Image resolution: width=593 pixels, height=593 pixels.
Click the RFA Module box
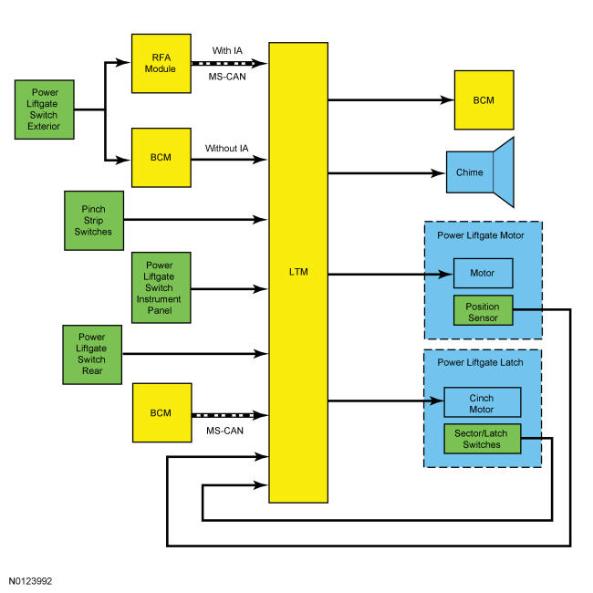coord(161,64)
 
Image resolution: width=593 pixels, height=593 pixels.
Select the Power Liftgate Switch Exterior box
coord(45,109)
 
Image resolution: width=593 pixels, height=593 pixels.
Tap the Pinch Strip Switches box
coord(94,221)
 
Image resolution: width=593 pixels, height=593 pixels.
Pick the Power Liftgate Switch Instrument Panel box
coord(161,287)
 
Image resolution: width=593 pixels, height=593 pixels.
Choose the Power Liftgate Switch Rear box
coord(92,355)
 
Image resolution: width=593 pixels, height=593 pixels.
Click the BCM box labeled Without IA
coord(161,158)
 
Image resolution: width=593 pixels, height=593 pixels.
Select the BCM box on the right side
coord(484,100)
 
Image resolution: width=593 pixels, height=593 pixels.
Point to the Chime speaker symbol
coord(480,172)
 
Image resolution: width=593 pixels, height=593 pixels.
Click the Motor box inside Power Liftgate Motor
coord(484,273)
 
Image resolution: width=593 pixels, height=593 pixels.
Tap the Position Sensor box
coord(484,310)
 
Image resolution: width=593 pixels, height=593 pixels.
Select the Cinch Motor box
coord(483,402)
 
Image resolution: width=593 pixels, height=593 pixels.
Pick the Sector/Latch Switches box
coord(483,439)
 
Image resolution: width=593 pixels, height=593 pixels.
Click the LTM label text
coord(298,272)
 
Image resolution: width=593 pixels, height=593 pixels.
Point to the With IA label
coord(227,51)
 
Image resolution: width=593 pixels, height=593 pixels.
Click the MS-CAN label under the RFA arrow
coord(227,77)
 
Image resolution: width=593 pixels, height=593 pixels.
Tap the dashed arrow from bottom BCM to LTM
coord(230,415)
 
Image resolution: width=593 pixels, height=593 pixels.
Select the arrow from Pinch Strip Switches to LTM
coord(195,219)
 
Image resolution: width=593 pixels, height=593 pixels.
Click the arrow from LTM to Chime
coord(387,173)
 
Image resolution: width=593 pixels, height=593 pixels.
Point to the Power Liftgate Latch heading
coord(480,362)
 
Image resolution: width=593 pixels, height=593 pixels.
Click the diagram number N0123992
coord(30,581)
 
